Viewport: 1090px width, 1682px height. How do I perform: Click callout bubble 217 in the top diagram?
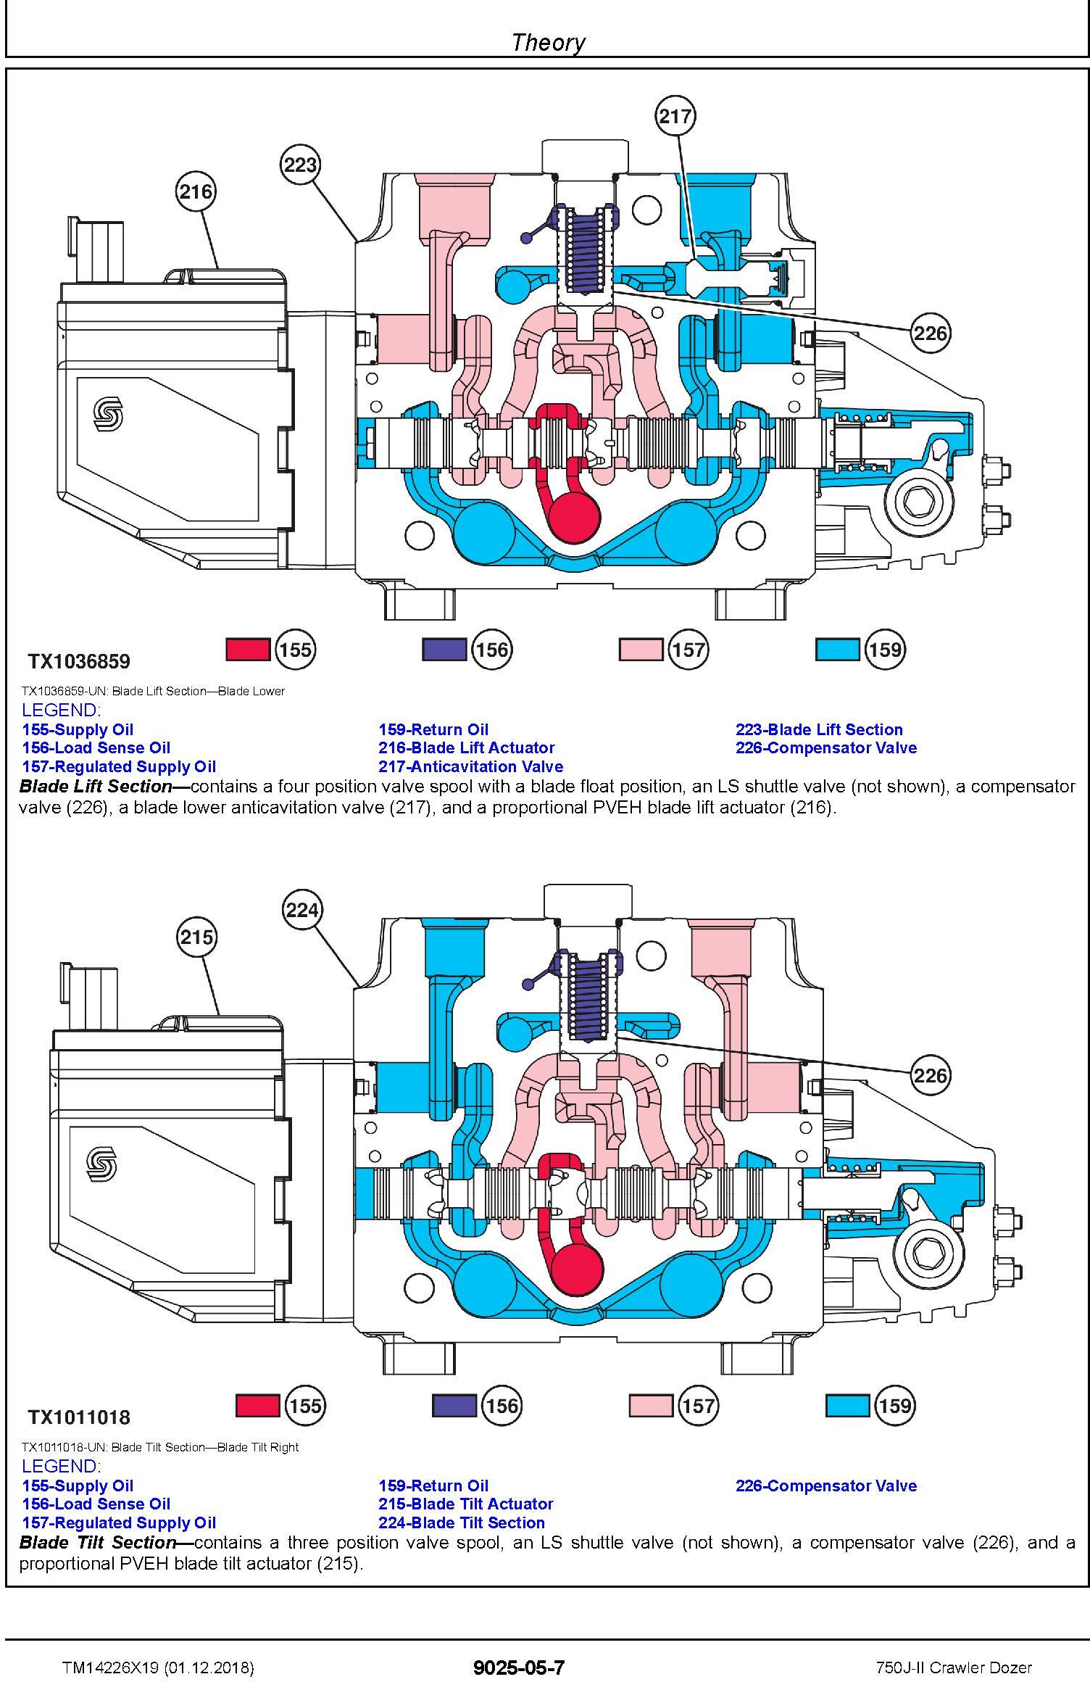[x=675, y=115]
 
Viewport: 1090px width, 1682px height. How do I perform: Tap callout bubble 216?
[x=196, y=191]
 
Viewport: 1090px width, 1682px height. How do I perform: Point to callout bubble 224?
[x=302, y=909]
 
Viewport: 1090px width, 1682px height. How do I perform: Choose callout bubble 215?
[x=196, y=937]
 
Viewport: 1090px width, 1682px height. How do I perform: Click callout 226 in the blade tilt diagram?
[x=931, y=1074]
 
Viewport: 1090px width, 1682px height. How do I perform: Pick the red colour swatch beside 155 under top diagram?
[x=248, y=649]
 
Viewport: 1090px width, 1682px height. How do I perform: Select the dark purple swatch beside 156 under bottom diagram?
[x=454, y=1406]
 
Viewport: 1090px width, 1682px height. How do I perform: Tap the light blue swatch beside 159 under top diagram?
[x=838, y=649]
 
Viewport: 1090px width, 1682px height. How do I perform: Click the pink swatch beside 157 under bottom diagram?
[x=651, y=1406]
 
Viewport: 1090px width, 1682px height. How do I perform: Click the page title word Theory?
[x=548, y=42]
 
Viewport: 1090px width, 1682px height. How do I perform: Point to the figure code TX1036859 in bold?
[x=79, y=661]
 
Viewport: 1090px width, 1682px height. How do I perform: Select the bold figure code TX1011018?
[x=79, y=1417]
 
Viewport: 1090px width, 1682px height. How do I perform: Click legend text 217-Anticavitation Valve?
[x=470, y=766]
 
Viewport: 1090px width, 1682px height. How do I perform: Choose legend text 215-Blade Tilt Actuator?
[x=465, y=1504]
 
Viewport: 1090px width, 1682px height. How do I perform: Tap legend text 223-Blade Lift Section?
[x=819, y=729]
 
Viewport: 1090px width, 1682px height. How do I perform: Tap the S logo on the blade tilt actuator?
[x=101, y=1165]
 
